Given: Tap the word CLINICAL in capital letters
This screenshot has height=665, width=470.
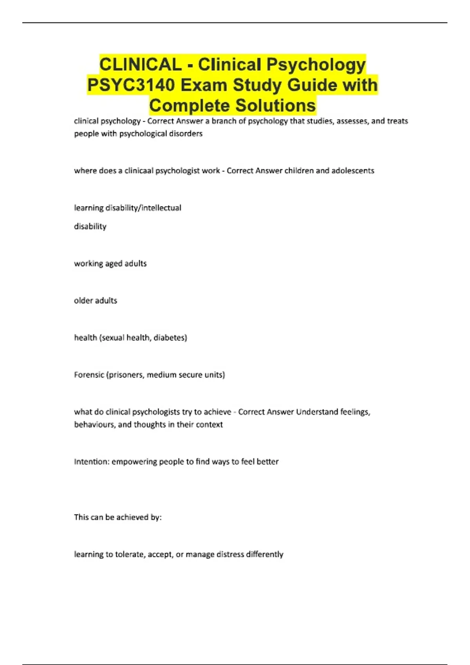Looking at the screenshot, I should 140,65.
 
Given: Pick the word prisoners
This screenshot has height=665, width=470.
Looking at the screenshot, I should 126,375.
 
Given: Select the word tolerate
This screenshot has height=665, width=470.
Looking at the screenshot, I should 130,554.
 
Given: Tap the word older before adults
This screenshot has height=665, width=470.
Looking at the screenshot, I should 84,300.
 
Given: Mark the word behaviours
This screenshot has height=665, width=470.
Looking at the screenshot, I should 94,424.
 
